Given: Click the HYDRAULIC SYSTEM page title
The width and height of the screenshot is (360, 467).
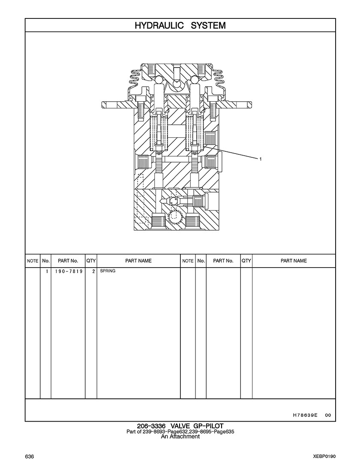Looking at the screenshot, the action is (x=180, y=26).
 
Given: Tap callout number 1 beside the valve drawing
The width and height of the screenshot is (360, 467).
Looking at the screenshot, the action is (x=261, y=159).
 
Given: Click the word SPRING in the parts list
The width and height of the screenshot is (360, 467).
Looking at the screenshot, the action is (x=108, y=271).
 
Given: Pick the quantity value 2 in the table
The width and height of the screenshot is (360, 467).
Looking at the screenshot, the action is (x=93, y=271).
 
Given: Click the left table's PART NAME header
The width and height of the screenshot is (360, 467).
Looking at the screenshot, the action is (x=138, y=261).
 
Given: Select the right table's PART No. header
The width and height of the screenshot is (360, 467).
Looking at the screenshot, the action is (x=223, y=261).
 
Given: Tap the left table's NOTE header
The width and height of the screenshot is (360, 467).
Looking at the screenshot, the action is (x=33, y=261).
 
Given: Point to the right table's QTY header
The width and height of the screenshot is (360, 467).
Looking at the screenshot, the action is (x=246, y=261).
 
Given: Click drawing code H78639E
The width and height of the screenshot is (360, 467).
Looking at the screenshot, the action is (x=305, y=415).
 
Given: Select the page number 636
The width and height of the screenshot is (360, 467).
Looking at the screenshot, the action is (x=30, y=457).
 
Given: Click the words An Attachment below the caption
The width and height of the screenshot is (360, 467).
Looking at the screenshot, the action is (x=180, y=437).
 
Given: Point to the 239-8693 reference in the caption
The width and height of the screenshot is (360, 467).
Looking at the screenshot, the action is (x=151, y=431).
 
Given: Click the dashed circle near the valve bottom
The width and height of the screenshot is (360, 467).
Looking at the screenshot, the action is (x=175, y=217).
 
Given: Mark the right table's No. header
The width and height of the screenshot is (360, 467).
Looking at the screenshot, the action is (x=201, y=261).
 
